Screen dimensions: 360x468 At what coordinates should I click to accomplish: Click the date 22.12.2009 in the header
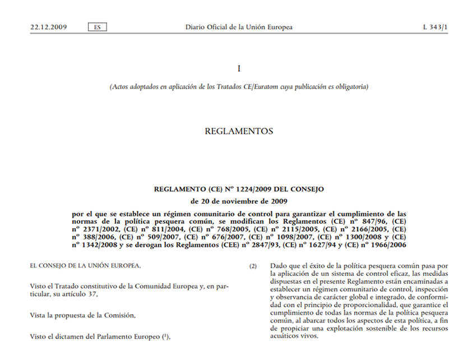tap(49, 27)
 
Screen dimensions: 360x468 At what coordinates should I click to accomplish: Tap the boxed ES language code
tap(98, 27)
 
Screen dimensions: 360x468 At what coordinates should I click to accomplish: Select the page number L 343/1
tap(435, 27)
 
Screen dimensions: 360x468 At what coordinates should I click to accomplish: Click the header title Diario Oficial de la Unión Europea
tap(239, 27)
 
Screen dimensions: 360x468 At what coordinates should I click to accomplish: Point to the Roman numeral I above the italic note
tap(239, 68)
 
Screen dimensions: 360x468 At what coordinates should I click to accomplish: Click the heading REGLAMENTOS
tap(239, 131)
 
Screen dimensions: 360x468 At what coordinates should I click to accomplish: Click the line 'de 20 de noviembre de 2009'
tap(239, 201)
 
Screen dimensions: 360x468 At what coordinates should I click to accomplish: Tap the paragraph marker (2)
tap(253, 266)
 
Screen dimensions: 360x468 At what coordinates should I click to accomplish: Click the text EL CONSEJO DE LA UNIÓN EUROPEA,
tap(85, 265)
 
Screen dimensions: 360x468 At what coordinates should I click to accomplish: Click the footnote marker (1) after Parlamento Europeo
tap(165, 336)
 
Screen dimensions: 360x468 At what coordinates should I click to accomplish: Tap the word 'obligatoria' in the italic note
tap(349, 87)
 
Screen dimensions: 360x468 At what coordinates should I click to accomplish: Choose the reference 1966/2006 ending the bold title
tap(389, 245)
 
